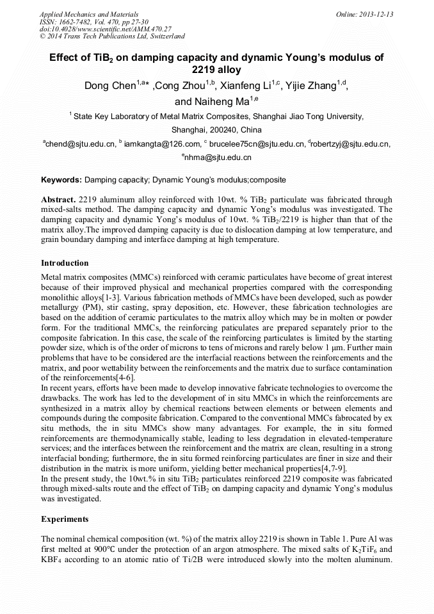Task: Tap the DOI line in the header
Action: click(106, 29)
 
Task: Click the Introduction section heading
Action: click(65, 263)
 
